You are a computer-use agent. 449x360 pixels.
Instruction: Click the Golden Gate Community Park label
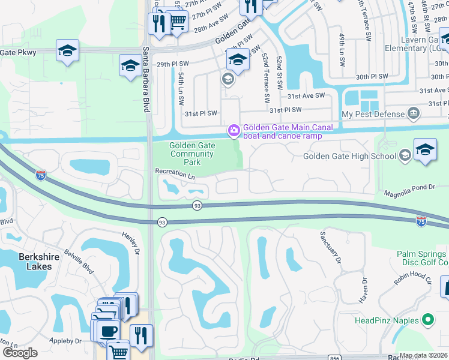pos(191,154)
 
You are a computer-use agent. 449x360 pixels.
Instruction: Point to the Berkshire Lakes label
pos(26,261)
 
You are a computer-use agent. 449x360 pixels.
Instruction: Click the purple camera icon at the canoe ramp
pos(233,130)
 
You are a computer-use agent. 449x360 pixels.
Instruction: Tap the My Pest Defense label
pos(373,114)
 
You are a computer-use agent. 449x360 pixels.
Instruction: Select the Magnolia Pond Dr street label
pos(409,188)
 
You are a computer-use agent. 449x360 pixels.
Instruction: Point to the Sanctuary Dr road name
pos(330,248)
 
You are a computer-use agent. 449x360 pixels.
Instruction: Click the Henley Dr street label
pos(131,243)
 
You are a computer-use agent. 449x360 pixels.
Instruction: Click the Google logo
pos(20,353)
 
